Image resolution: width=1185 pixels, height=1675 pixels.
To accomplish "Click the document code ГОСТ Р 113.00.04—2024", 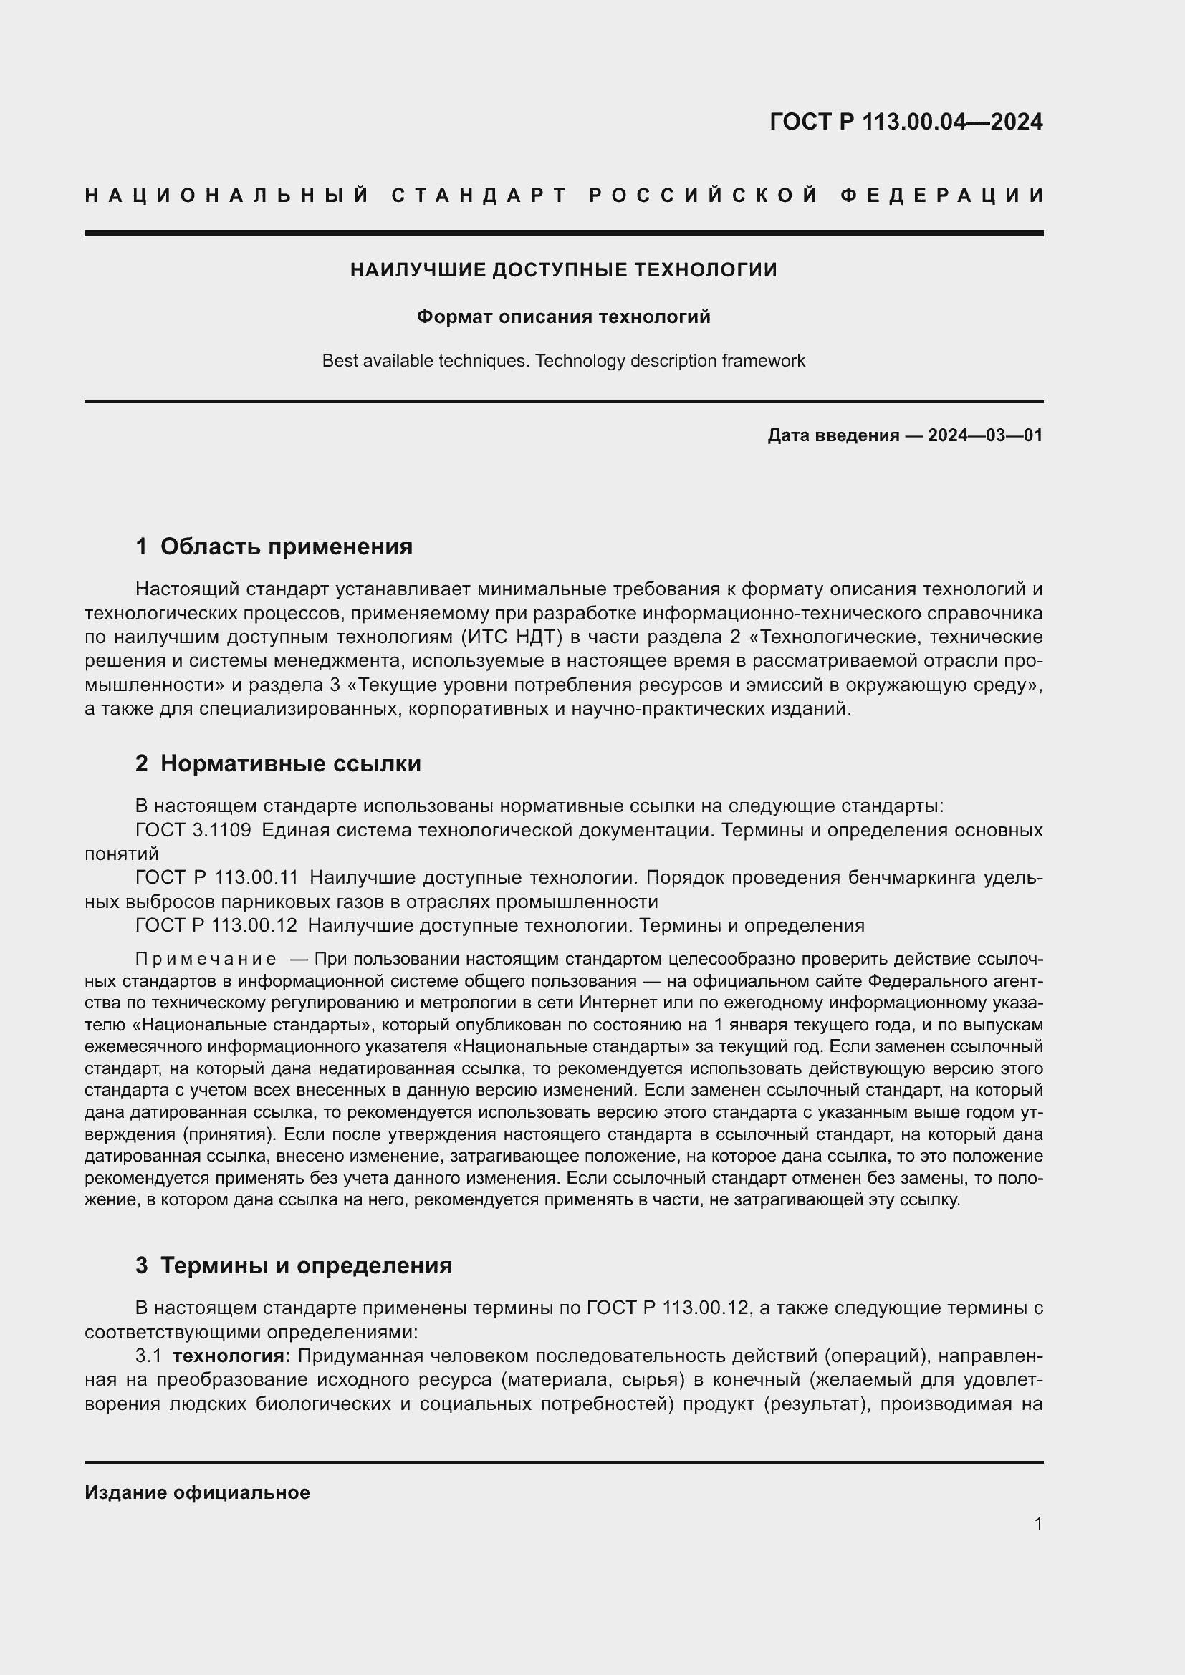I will pos(906,122).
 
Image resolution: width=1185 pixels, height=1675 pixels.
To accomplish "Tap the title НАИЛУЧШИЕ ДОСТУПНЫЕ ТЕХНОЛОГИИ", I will pos(563,270).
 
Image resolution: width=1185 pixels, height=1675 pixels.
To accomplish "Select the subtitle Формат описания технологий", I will pos(563,317).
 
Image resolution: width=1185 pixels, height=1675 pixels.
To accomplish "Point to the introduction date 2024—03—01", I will pos(984,435).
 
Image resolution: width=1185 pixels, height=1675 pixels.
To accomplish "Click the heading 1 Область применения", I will pos(274,546).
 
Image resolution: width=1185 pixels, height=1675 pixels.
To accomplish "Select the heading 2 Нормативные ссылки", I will pos(278,764).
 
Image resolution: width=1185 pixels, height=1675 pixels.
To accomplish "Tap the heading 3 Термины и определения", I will pos(293,1265).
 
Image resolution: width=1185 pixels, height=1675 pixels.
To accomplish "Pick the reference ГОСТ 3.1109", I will pos(193,830).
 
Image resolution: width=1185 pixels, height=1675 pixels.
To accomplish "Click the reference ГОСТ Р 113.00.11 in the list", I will pos(216,878).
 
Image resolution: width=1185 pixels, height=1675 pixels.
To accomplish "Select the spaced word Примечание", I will pos(206,959).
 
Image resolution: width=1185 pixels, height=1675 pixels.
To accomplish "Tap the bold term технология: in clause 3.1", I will pos(231,1356).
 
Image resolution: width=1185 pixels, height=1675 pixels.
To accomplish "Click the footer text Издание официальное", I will pos(197,1492).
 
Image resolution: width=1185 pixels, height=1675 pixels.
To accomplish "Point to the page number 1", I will pos(1037,1523).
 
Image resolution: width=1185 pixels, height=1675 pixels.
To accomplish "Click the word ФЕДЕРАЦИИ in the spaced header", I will pos(942,196).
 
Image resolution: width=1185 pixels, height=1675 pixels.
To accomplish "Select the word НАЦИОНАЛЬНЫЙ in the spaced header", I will pos(228,196).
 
